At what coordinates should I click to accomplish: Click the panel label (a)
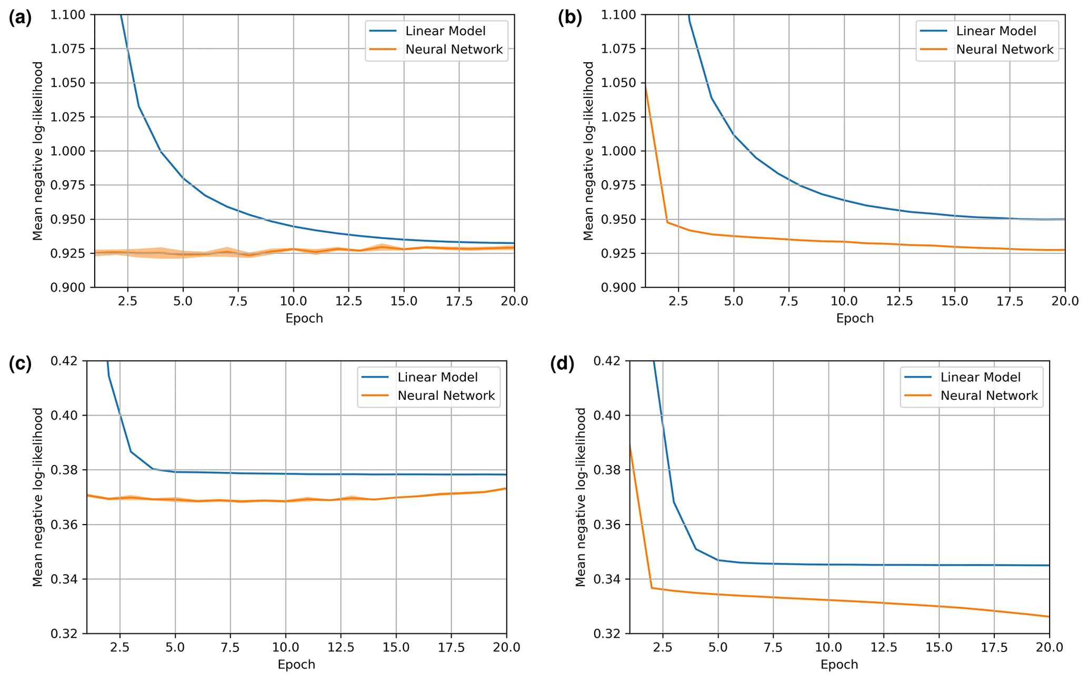20,18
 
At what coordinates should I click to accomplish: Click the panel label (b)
570,18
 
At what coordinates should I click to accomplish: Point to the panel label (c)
20,364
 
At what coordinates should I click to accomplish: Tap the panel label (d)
562,364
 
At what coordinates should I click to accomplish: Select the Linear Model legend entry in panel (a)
445,31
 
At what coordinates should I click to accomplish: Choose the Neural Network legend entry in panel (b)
1004,50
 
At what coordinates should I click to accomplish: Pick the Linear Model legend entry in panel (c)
437,377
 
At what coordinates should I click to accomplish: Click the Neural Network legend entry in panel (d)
989,396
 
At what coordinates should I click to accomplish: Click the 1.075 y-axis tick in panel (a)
67,49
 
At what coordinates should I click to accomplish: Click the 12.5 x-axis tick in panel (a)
348,301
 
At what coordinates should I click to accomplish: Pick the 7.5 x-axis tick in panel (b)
788,301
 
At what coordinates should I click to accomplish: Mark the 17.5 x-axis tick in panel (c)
451,647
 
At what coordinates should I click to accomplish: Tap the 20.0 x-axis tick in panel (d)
1049,647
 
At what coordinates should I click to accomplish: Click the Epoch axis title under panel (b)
855,319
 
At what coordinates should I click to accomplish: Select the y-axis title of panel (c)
37,497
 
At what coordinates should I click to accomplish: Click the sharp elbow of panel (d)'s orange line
652,588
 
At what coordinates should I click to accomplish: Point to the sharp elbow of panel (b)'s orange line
667,222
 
